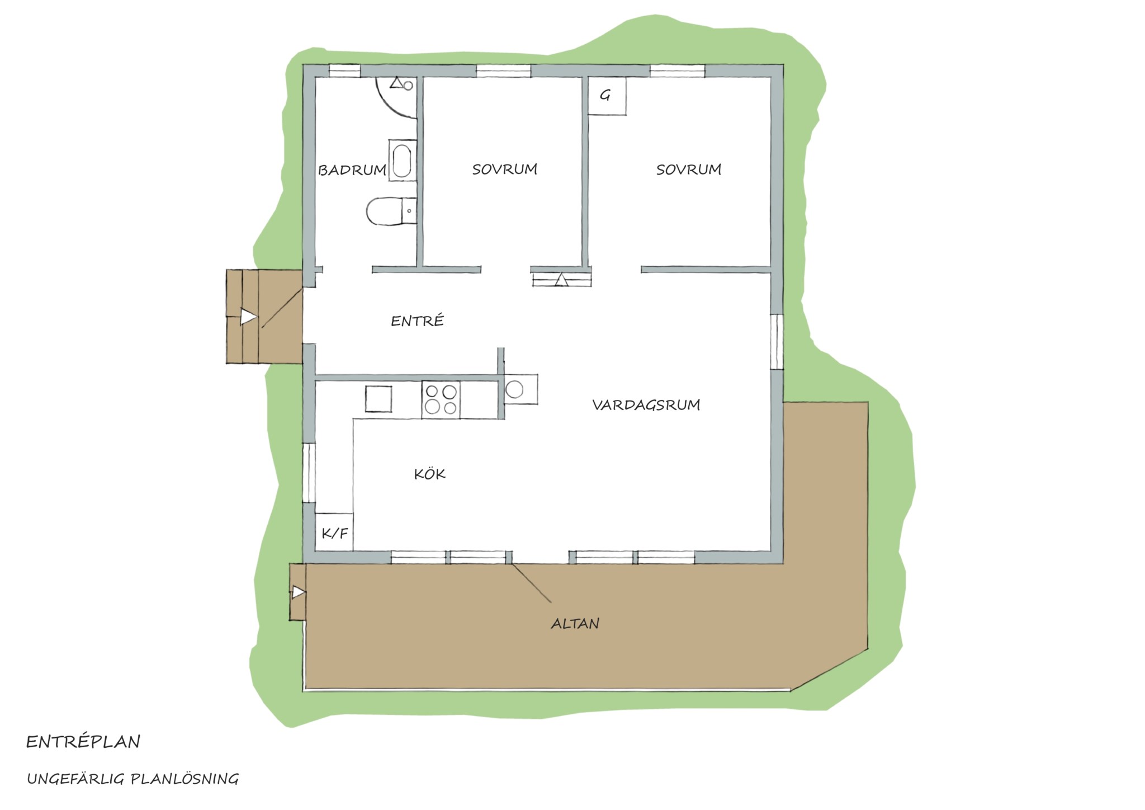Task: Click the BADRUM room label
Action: point(352,170)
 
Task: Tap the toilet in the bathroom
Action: point(391,211)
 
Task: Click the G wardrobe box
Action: point(607,96)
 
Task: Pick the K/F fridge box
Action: point(334,532)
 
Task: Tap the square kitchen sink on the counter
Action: point(378,399)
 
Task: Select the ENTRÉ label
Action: point(417,321)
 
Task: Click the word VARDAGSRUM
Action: point(646,404)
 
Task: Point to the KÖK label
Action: point(429,474)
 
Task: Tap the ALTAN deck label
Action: point(575,623)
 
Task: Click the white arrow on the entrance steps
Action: point(248,318)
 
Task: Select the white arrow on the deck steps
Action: point(299,592)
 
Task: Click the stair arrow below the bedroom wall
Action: point(561,280)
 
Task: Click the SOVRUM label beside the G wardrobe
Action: point(689,169)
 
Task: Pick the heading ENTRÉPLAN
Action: point(83,742)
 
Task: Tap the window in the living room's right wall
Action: point(777,342)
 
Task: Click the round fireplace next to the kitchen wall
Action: point(514,389)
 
